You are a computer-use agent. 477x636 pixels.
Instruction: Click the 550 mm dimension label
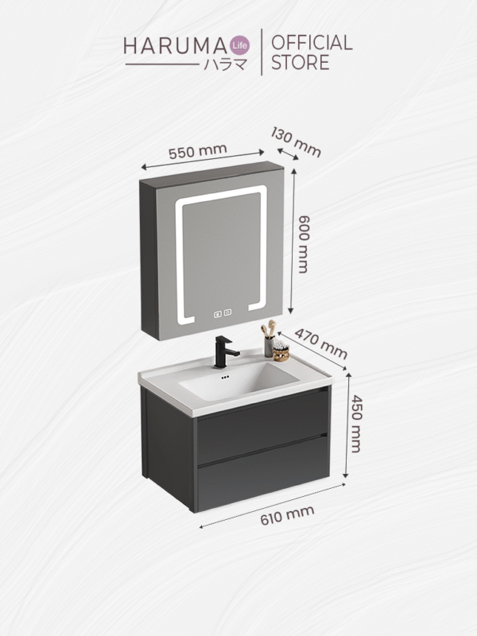point(197,151)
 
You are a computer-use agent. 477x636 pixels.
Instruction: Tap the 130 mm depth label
point(296,141)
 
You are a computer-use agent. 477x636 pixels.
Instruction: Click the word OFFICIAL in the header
point(312,43)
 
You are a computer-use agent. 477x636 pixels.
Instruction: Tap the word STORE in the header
point(300,64)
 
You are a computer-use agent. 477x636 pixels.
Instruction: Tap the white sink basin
point(238,384)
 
